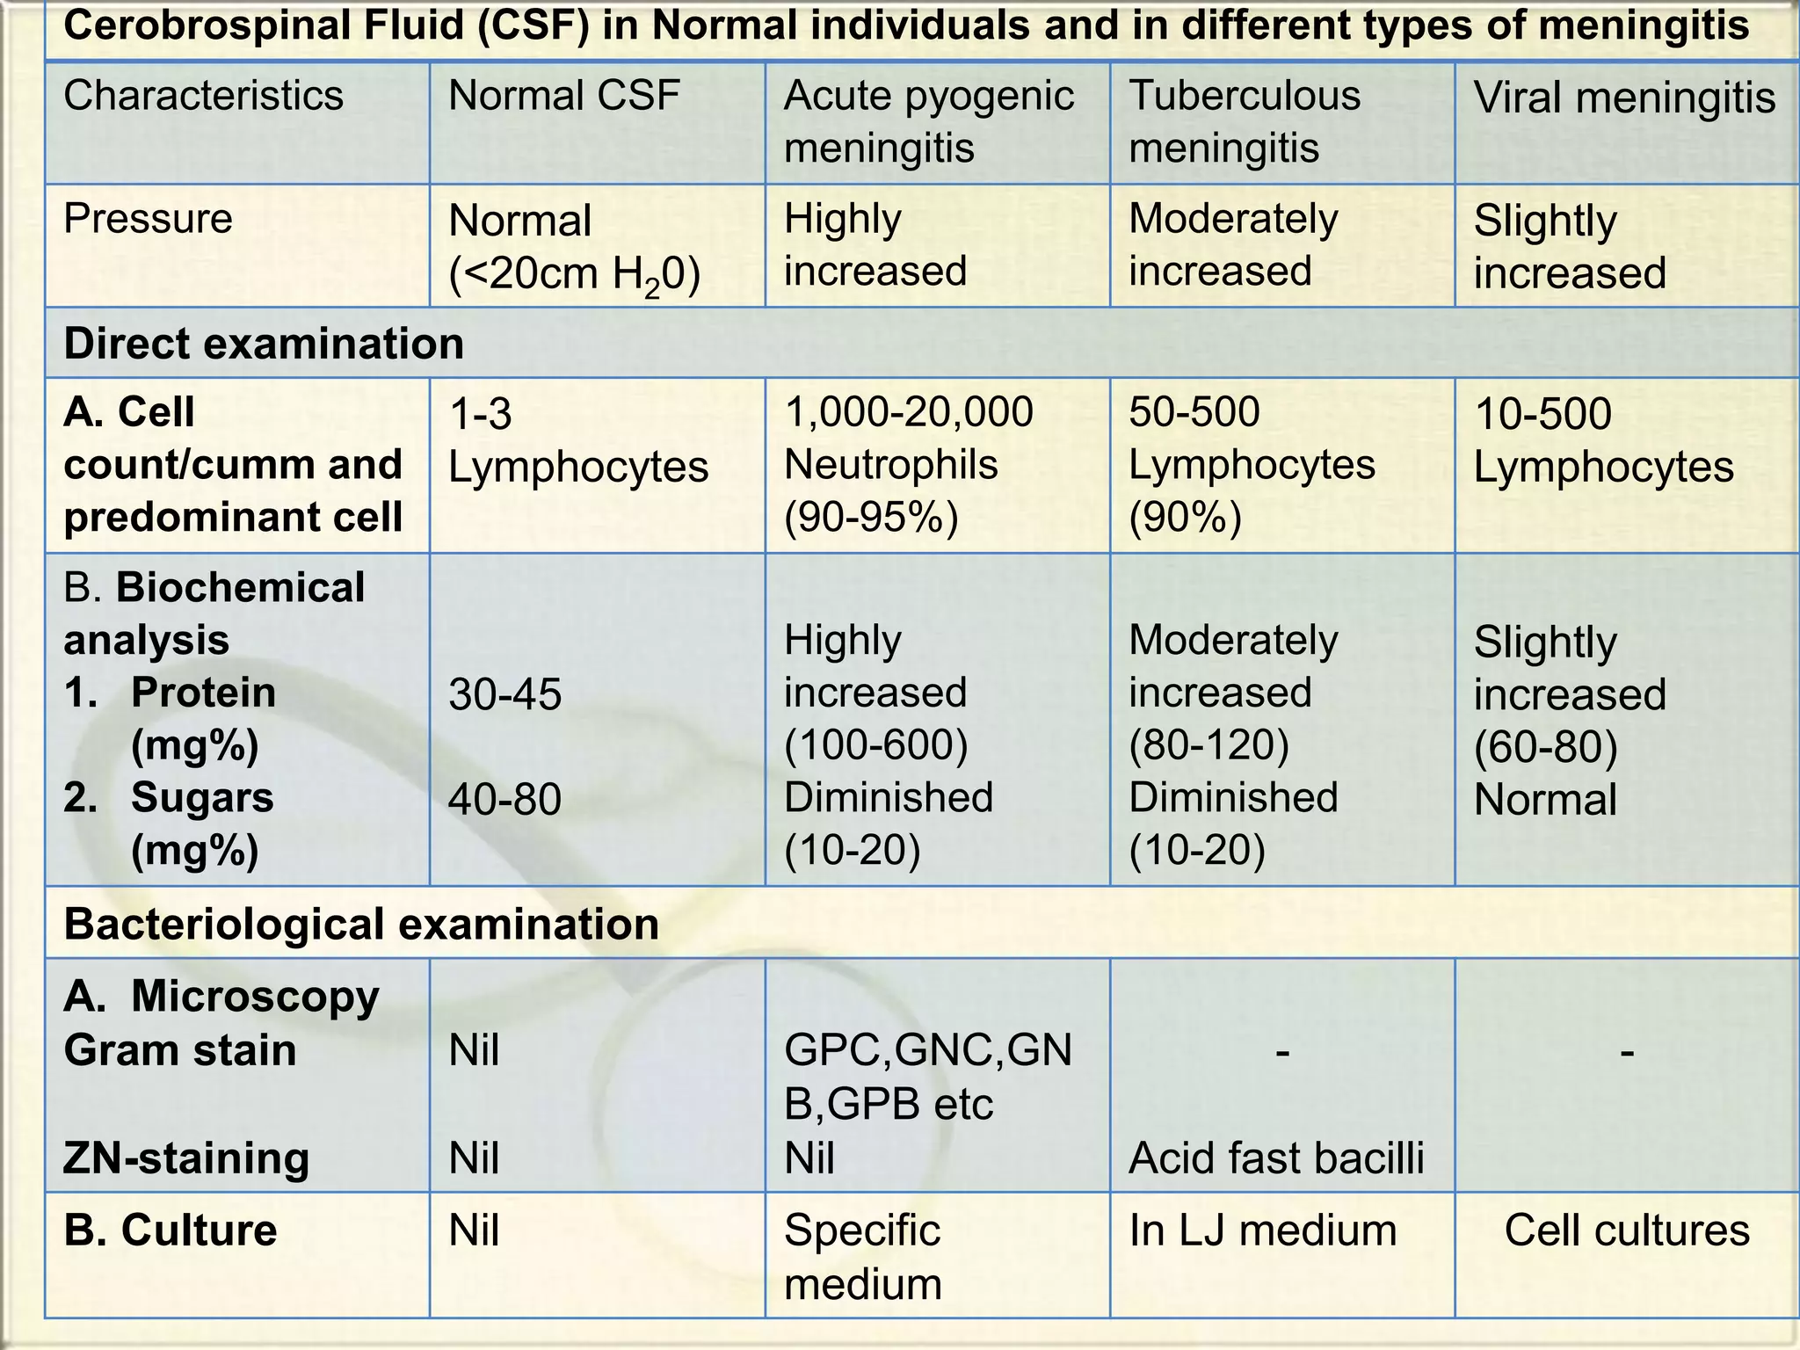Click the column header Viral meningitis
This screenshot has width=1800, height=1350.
(x=1624, y=98)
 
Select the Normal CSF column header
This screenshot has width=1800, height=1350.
(x=564, y=96)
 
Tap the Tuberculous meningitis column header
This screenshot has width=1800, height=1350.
(x=1244, y=121)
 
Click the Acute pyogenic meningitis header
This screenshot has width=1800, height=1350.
(x=928, y=121)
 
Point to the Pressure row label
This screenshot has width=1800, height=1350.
(x=148, y=219)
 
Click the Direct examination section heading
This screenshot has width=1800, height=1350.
(x=264, y=344)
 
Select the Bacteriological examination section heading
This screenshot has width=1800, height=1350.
(x=361, y=925)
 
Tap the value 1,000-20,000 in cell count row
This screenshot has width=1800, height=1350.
(x=908, y=412)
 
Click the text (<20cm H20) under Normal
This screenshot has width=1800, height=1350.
(x=574, y=275)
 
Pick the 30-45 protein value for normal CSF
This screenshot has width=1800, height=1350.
(x=504, y=694)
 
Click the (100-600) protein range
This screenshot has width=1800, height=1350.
(x=875, y=745)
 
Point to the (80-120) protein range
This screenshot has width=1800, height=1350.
(x=1208, y=745)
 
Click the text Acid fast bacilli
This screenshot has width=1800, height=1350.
(x=1276, y=1158)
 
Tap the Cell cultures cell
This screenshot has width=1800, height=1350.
(x=1627, y=1230)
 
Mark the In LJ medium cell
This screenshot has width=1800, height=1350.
(x=1262, y=1230)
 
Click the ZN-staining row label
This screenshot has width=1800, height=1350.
(x=186, y=1158)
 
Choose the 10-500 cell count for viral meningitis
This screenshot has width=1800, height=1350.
(x=1542, y=414)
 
